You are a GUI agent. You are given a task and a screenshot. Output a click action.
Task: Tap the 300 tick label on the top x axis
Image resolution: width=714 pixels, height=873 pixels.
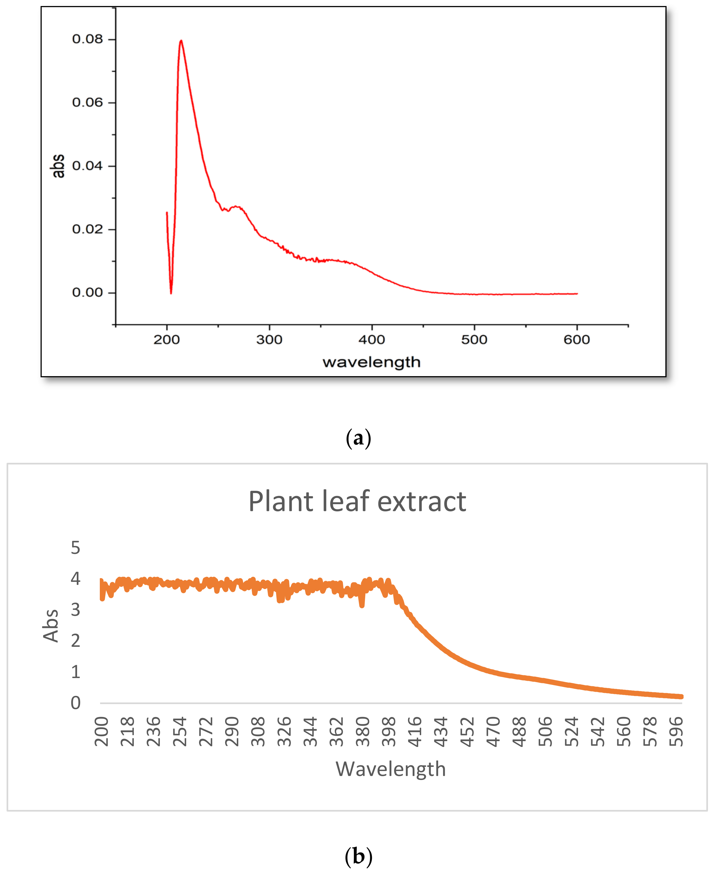269,340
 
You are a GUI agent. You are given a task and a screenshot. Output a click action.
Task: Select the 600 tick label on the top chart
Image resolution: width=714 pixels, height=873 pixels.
577,340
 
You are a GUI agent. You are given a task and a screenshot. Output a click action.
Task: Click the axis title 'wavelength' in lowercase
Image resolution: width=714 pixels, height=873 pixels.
371,362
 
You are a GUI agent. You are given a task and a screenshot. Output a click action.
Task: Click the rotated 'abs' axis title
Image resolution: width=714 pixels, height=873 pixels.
58,166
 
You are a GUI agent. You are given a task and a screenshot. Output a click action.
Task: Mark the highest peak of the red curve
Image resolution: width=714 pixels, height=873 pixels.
181,40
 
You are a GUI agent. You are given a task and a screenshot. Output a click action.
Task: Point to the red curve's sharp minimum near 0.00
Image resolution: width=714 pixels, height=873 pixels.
171,293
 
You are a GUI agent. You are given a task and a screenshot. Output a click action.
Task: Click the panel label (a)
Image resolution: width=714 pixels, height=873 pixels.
358,438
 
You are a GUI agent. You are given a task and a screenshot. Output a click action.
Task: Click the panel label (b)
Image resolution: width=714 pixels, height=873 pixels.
358,857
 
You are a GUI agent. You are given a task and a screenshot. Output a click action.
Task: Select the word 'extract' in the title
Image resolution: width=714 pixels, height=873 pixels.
422,502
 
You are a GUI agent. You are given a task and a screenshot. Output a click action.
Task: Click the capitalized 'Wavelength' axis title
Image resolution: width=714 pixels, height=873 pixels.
391,769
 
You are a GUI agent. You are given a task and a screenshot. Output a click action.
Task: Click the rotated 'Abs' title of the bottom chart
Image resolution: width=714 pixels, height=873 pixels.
51,625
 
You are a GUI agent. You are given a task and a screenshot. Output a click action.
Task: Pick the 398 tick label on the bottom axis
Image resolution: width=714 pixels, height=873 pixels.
389,732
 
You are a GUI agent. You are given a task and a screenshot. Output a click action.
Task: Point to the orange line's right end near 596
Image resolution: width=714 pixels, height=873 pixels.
681,696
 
